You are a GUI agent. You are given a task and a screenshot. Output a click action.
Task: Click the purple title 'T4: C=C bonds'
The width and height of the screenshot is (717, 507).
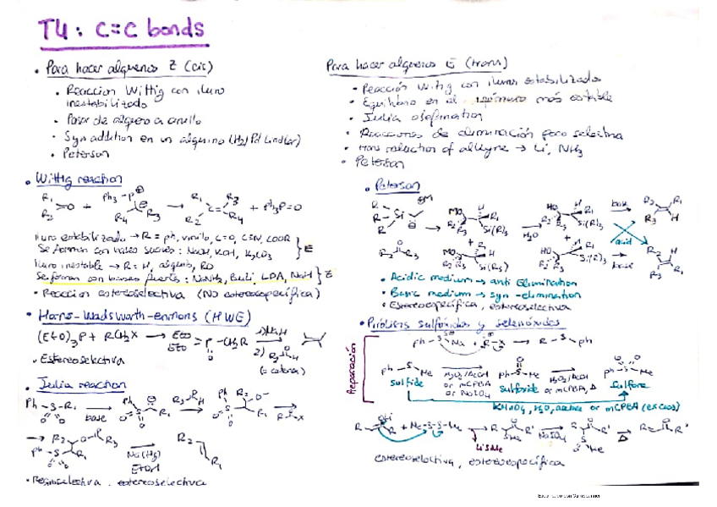[121, 32]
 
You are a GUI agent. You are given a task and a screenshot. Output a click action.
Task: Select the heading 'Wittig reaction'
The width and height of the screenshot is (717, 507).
[78, 180]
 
